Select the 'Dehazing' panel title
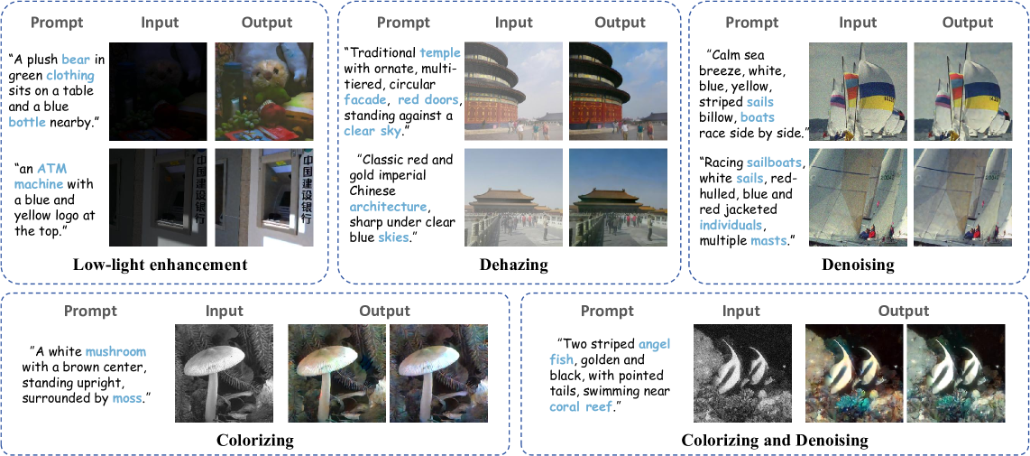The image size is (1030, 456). [x=512, y=265]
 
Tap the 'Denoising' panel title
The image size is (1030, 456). [x=858, y=265]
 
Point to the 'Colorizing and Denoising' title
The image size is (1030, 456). [x=775, y=441]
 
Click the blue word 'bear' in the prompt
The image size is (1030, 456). [x=76, y=60]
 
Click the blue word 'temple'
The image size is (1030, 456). [x=439, y=53]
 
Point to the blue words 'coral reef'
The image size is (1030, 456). [x=580, y=406]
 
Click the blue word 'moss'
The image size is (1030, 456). [x=126, y=397]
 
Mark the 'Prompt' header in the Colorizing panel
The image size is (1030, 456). [x=90, y=311]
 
